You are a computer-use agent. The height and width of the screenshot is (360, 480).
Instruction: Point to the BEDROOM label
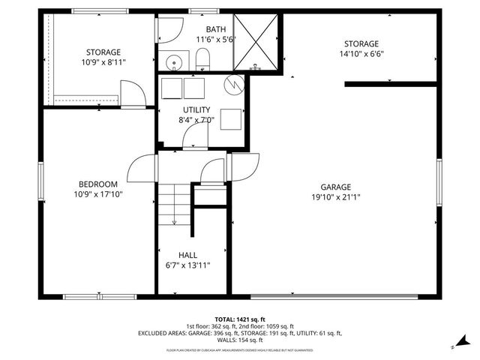click(98, 184)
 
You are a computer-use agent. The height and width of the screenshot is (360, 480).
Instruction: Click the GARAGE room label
click(335, 187)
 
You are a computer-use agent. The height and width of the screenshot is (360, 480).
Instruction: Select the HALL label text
click(187, 255)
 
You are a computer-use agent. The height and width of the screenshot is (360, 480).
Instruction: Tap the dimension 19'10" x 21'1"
click(335, 197)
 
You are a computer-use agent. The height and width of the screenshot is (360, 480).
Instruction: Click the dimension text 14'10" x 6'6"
click(361, 54)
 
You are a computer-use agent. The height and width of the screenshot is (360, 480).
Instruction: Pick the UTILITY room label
click(196, 109)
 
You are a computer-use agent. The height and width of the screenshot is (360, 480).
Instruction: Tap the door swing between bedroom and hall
click(142, 165)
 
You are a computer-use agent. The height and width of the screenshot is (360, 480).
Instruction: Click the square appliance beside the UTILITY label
click(231, 119)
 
